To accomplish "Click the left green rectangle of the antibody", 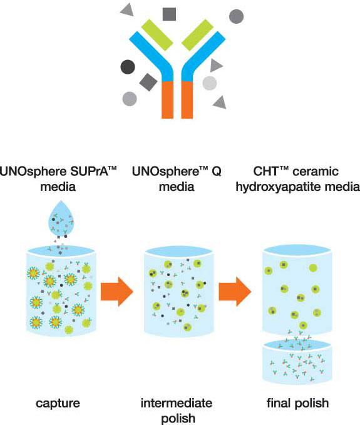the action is click(157, 35).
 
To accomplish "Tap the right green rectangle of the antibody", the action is click(197, 35).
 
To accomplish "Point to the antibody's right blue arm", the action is click(203, 56).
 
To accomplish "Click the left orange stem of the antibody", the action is click(167, 100).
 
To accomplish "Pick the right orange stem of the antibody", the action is click(187, 100).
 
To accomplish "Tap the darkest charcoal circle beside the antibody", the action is click(128, 67).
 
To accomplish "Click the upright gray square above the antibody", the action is click(169, 14).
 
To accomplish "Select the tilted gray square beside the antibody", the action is click(148, 82).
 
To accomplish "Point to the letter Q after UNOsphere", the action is click(217, 172).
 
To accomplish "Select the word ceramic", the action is click(316, 172).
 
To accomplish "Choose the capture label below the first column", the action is click(58, 403).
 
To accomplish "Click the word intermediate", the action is click(176, 403).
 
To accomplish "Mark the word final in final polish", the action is click(279, 402).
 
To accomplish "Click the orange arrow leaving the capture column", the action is click(117, 292).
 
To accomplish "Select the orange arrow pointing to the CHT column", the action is click(235, 292).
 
